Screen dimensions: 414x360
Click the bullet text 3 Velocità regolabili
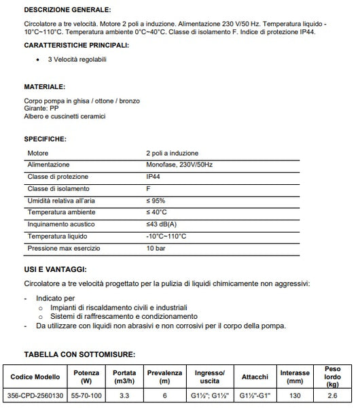[x=76, y=60]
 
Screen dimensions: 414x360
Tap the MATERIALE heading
[x=45, y=88]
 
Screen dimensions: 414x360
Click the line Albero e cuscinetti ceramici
[x=65, y=116]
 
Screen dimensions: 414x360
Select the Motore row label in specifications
[x=37, y=154]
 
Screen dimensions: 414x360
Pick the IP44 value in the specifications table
[x=154, y=177]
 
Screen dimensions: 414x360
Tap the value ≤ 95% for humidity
[x=156, y=201]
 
